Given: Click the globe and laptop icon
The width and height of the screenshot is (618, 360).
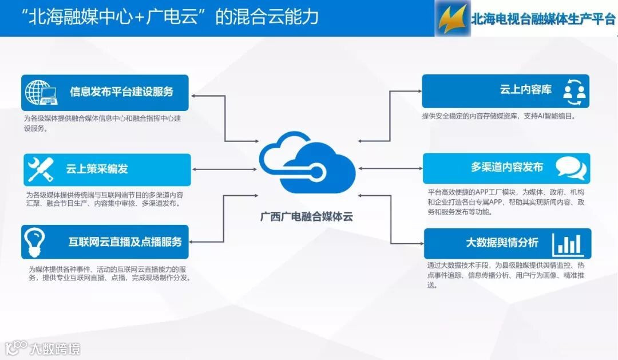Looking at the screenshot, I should (42, 92).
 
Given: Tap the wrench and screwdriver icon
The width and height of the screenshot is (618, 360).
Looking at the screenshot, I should (41, 169).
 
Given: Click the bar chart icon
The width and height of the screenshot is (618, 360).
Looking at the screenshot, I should (567, 243).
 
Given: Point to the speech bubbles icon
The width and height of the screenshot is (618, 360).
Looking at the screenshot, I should (571, 168).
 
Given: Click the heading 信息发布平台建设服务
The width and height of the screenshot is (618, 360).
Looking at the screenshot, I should (121, 92).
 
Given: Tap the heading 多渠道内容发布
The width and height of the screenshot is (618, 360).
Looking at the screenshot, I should (506, 167).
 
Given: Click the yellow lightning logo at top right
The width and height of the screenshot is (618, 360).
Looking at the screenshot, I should (451, 18).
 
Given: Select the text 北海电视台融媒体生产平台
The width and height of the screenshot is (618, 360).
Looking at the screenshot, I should (542, 19).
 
